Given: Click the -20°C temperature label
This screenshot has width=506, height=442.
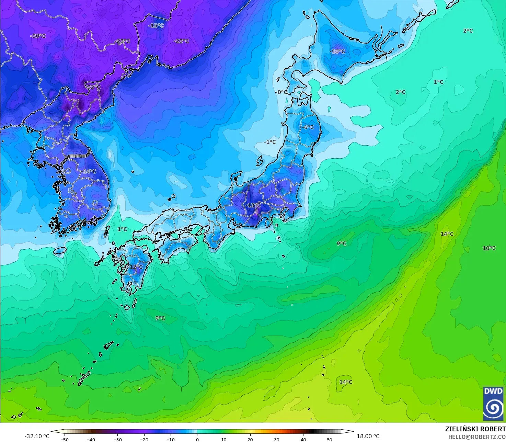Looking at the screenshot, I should pos(38,36).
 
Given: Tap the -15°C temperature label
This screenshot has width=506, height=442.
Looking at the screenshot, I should pos(156,26).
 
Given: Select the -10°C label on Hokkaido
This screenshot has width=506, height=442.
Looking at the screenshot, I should pos(337,52).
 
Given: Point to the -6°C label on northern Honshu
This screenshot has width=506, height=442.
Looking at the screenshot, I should pos(308,127).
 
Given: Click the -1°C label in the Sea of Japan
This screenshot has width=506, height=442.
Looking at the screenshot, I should pos(270,142).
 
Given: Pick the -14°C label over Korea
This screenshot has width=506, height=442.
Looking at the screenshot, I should pos(90,171).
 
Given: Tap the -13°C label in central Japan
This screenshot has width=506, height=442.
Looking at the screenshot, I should pos(253,205).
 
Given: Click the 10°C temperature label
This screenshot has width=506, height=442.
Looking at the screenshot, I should pos(489,248).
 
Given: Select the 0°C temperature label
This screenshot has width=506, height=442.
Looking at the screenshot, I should pos(282,92).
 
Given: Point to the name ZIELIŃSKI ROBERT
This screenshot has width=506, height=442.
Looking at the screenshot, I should pos(475,429).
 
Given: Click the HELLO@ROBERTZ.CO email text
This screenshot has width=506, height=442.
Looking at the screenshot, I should pos(477,437).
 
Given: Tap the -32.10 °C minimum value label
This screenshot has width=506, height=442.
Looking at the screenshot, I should pos(37,436).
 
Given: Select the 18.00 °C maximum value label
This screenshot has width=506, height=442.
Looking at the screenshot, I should pos(368,436).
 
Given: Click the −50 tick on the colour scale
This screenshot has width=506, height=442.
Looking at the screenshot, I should pos(64,439).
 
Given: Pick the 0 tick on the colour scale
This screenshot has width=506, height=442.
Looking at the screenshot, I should pos(197,439).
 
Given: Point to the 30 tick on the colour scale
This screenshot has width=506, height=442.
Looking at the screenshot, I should pos(277,439).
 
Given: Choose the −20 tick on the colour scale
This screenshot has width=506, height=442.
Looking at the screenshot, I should pos(144,439).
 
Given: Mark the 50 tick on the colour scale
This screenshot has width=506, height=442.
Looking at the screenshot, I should pos(330,439).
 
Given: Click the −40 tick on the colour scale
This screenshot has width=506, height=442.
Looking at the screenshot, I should pos(91,439).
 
